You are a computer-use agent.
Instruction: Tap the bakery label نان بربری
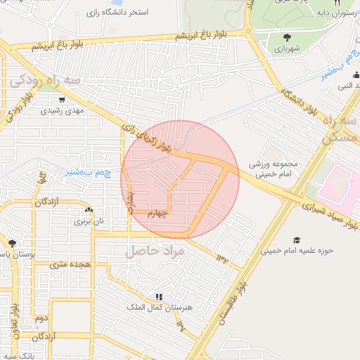coord(89,221)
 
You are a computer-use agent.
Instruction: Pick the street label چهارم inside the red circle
coord(157,215)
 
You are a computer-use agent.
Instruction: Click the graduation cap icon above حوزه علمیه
coord(297,240)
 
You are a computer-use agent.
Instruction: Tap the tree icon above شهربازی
coord(287,37)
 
